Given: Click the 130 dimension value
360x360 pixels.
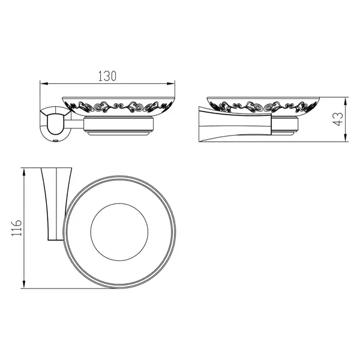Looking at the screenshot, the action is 107,76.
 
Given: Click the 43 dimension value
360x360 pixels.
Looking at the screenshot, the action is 338,119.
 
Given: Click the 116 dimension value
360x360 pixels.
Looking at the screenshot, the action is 17,228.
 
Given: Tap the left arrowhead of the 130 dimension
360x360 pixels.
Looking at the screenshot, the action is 44,83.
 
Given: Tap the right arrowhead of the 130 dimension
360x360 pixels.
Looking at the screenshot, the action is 171,83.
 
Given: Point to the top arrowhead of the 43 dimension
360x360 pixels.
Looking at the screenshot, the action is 345,101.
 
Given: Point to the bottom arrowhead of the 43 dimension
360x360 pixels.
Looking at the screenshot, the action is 345,138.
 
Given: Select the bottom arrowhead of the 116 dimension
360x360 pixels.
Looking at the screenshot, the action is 23,284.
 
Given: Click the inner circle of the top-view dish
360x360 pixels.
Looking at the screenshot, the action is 119,203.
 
